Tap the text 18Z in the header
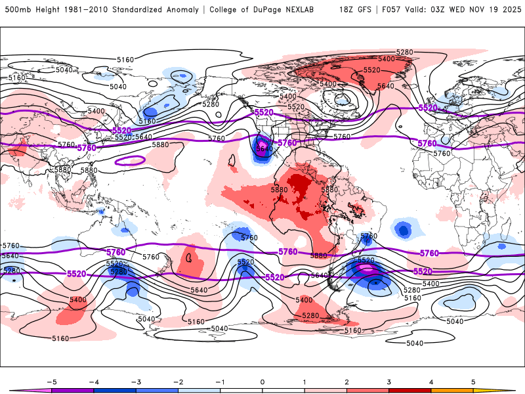(x=346, y=10)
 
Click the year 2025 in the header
(x=508, y=10)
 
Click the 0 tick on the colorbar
(x=262, y=382)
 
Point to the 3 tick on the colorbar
(x=389, y=382)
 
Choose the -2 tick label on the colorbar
(x=178, y=382)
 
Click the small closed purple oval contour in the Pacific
(x=130, y=160)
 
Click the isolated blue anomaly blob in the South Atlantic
(x=402, y=229)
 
